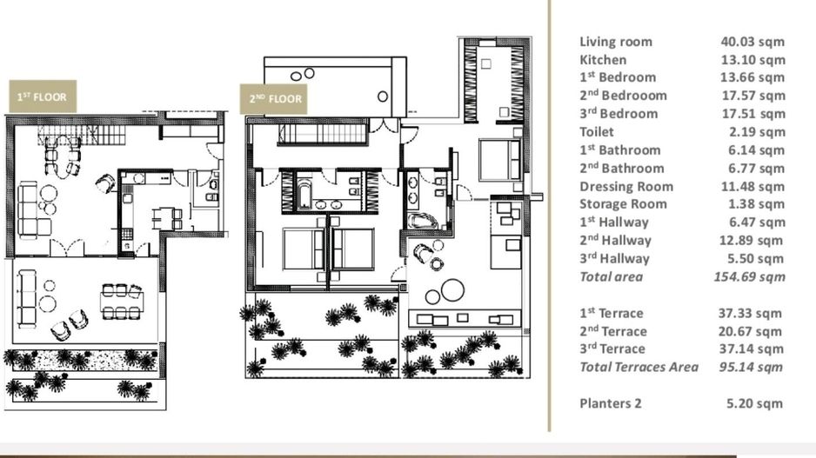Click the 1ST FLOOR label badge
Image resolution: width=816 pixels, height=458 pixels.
pos(42,97)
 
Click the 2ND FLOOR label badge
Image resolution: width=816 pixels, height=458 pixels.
pos(275,98)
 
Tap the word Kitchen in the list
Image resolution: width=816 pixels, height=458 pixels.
pos(603,60)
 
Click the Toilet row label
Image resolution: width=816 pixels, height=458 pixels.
pos(597,132)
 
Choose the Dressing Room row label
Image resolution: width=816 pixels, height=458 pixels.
pos(626,186)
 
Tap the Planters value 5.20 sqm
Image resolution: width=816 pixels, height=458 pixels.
pos(755,403)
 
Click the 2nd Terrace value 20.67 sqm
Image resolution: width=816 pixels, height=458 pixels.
pos(752,331)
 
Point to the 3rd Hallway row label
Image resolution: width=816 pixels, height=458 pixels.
pos(614,259)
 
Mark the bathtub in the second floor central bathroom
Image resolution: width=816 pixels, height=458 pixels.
pos(304,192)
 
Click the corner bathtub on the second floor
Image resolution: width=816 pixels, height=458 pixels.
pos(422,218)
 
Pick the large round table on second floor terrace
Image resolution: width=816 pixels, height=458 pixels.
pos(451,289)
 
